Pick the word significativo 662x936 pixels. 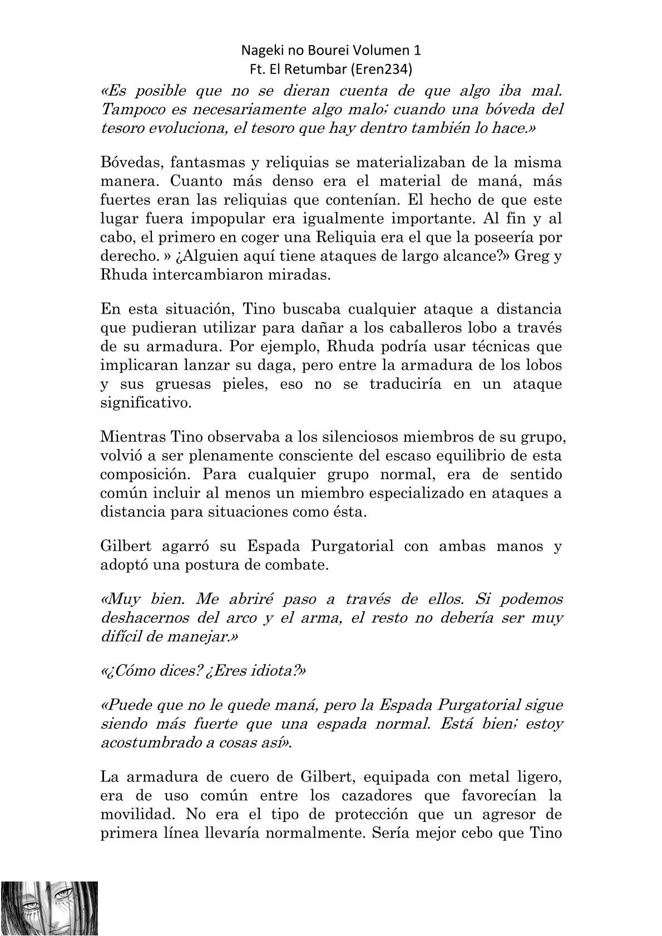tap(145, 403)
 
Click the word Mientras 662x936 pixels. tap(124, 437)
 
